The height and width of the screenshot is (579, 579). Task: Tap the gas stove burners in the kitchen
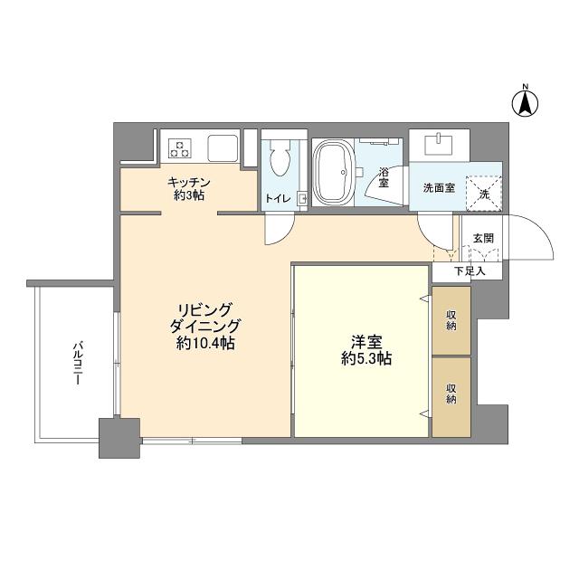tap(180, 148)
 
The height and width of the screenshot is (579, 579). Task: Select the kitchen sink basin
tap(223, 148)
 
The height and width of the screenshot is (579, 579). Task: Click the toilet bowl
tap(280, 158)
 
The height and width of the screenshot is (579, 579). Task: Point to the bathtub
tap(332, 172)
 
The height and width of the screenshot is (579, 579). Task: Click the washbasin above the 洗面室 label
tap(438, 145)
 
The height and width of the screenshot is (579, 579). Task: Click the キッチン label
tap(189, 182)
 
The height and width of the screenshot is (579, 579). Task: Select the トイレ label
tap(278, 198)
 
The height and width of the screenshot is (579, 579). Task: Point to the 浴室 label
tap(384, 177)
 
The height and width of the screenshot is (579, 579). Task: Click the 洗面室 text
tap(439, 188)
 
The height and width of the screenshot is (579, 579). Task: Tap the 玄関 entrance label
tap(483, 238)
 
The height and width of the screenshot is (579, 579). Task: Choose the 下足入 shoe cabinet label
tap(470, 271)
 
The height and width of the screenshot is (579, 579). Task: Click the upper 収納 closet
tap(451, 320)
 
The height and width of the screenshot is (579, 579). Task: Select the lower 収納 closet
tap(451, 397)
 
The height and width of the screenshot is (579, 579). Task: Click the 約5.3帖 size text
tap(366, 358)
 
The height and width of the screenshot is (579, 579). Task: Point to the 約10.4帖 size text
tap(205, 344)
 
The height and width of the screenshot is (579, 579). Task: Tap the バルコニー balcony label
tap(77, 364)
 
